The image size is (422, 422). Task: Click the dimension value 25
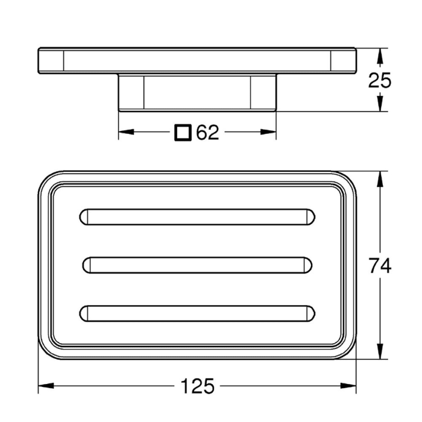380,80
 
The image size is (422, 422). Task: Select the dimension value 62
207,133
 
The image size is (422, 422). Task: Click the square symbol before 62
183,133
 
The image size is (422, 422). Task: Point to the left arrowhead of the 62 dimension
124,133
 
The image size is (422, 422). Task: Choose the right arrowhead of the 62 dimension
271,133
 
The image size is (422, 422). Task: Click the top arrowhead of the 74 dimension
379,178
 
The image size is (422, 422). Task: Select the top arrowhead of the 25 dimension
379,54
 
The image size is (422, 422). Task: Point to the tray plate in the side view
197,60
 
